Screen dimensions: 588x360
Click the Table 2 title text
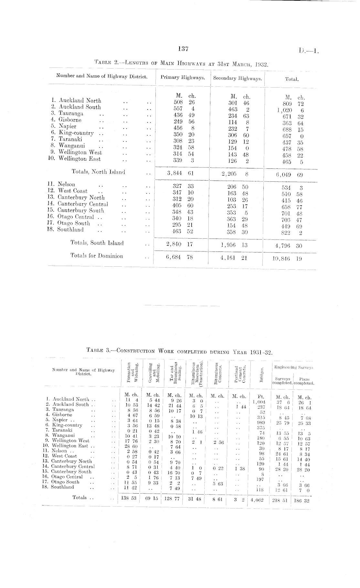(x=181, y=63)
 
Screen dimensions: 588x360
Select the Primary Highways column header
(x=183, y=78)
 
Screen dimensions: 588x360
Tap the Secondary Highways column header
(x=237, y=78)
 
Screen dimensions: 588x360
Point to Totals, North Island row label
(x=98, y=172)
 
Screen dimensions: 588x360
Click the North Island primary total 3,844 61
(x=180, y=173)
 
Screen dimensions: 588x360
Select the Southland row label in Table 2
(x=70, y=230)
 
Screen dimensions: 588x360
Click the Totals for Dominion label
(x=97, y=256)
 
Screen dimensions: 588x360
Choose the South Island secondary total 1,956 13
(x=234, y=245)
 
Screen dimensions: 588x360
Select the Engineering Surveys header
(x=294, y=367)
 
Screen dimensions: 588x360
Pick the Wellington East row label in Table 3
(x=69, y=446)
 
